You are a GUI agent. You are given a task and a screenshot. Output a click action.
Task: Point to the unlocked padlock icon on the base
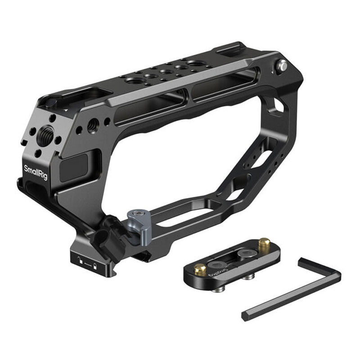click(x=80, y=259)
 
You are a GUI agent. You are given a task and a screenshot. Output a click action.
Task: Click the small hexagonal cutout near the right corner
click(x=279, y=107)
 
